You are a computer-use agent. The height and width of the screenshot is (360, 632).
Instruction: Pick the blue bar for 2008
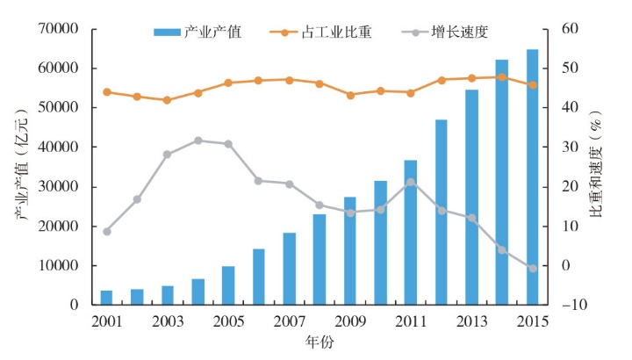tap(320, 259)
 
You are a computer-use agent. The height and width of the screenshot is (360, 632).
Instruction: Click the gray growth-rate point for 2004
tap(197, 140)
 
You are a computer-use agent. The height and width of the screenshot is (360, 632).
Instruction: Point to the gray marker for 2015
tap(532, 268)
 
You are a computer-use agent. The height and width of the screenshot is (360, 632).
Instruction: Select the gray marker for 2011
tap(411, 182)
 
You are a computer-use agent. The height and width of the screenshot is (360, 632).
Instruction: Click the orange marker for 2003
tap(167, 100)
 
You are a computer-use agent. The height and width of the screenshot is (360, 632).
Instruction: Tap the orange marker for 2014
tap(502, 76)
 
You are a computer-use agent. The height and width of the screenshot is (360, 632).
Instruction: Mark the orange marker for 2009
tap(350, 95)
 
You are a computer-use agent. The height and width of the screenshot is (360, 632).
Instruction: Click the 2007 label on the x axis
tap(289, 321)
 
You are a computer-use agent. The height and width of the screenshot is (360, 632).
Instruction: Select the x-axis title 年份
tap(319, 341)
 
